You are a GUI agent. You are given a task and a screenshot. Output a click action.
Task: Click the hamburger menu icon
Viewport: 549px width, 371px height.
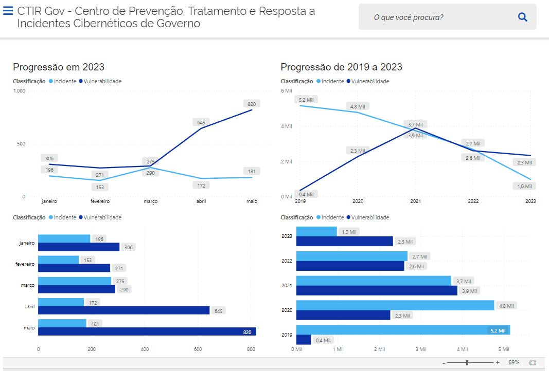point(8,11)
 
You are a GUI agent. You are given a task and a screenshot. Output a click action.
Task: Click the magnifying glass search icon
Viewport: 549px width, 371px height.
point(522,17)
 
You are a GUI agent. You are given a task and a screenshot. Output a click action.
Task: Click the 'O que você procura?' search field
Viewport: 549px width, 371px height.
point(437,17)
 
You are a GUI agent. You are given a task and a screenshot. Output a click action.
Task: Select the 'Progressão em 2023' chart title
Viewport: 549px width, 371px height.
point(59,67)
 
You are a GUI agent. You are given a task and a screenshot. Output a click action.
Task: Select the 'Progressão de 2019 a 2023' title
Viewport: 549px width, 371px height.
point(341,67)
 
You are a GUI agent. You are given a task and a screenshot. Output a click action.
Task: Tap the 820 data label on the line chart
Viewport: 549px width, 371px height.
point(252,104)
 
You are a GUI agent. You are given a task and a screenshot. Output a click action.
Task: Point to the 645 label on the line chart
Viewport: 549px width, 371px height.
point(201,122)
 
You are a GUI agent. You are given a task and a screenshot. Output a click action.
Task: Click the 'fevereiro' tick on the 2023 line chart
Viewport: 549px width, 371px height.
point(100,201)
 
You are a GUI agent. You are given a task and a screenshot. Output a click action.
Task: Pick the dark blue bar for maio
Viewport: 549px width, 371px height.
point(147,331)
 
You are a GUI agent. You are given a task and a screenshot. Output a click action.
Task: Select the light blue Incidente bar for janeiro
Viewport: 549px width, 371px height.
point(64,239)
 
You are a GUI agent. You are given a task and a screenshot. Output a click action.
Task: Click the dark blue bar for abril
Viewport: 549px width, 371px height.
point(123,310)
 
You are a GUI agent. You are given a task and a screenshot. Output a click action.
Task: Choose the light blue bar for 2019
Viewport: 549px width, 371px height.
point(403,330)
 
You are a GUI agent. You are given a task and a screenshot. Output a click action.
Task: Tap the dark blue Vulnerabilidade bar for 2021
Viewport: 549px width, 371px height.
point(377,291)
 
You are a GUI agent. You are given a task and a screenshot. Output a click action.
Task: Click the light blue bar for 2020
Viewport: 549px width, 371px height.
point(395,305)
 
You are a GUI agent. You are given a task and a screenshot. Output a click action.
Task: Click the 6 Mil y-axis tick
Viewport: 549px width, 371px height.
point(286,90)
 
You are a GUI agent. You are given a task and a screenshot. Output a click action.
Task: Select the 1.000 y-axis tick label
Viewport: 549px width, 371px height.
point(19,91)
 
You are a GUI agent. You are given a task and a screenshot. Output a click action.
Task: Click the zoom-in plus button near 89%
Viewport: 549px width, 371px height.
point(498,363)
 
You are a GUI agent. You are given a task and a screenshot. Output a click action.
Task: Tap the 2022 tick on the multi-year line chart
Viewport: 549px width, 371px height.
point(473,201)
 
